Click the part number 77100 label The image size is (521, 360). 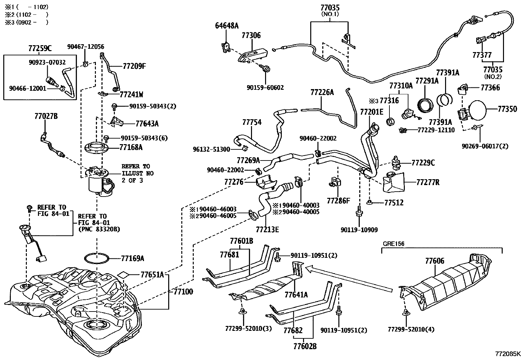(x=183, y=292)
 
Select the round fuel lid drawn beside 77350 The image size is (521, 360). (x=476, y=110)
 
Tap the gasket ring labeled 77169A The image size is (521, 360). (x=97, y=258)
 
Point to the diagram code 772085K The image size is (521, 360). (x=508, y=354)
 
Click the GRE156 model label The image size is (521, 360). (x=394, y=244)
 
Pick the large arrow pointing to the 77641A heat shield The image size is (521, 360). (x=349, y=280)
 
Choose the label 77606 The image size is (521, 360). (x=435, y=261)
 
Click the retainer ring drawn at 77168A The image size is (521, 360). (x=97, y=148)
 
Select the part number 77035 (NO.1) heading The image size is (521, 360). (x=330, y=10)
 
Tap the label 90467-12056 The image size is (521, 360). (x=86, y=47)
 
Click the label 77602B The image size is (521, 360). (x=305, y=346)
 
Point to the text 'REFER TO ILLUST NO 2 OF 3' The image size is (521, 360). (x=138, y=173)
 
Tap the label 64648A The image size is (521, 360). (x=227, y=26)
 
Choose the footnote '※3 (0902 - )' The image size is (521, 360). (x=27, y=22)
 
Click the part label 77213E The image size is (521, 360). (x=267, y=230)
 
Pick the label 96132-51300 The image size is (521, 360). (x=211, y=149)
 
